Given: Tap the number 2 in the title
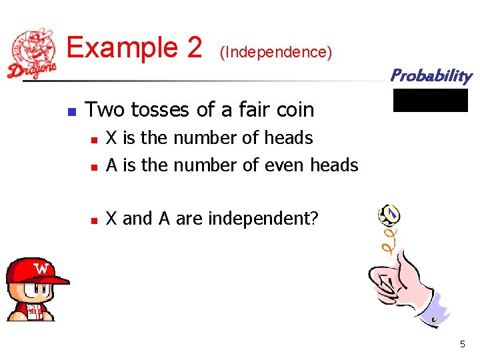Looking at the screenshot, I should coord(194,48).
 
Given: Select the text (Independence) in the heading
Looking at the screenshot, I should coord(275,52).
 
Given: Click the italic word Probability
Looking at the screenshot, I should coord(431,75).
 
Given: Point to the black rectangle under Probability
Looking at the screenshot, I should coord(431,100).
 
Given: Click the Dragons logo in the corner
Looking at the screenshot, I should coord(32,53).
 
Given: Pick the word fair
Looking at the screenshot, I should coord(246,109).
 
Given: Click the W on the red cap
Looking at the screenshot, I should coord(42,269).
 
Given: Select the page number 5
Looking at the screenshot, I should coord(463,345).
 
